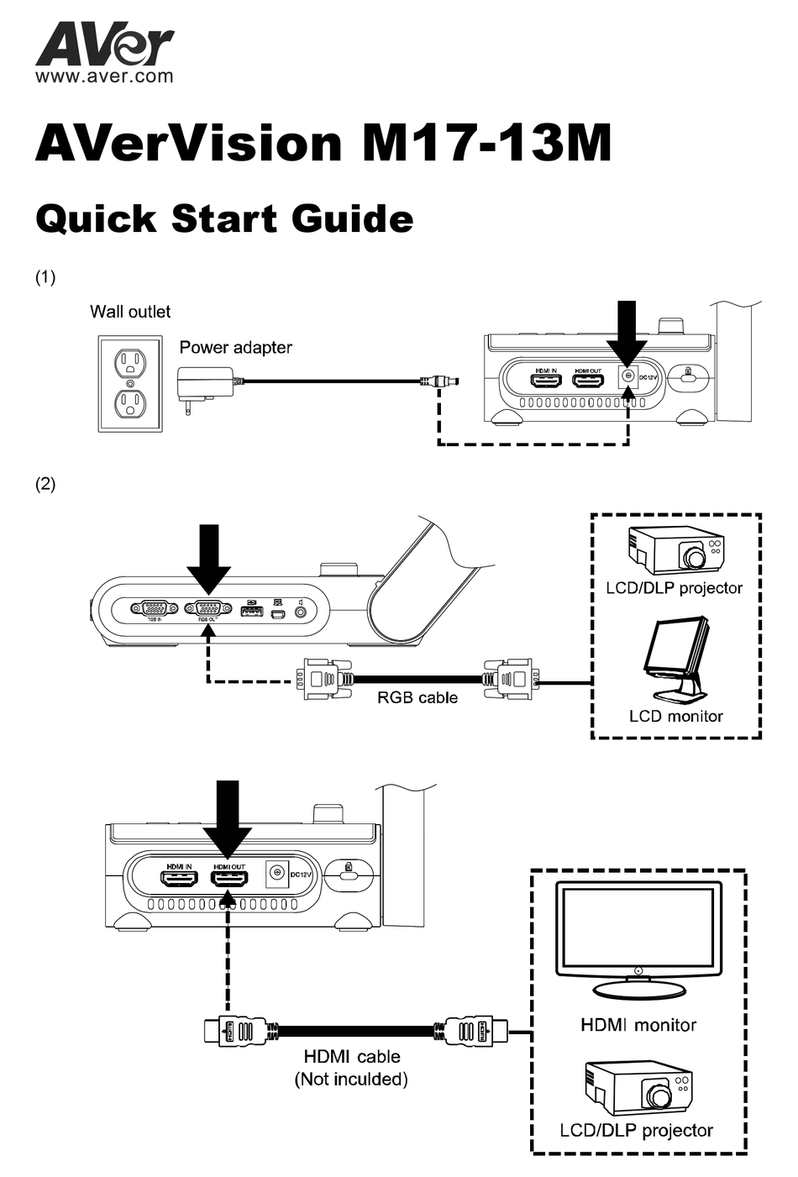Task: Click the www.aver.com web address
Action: (x=104, y=76)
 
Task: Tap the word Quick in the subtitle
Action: (x=96, y=218)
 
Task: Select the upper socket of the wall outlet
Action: (x=130, y=363)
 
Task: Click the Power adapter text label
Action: (x=235, y=347)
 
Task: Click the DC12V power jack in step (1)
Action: (x=627, y=377)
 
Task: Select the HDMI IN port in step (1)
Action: (x=547, y=380)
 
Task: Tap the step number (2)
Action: (x=45, y=484)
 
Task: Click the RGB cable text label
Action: (x=417, y=697)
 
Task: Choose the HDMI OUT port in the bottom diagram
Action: (x=228, y=880)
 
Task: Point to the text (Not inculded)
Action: (x=351, y=1079)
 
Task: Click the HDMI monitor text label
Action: (x=638, y=1025)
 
